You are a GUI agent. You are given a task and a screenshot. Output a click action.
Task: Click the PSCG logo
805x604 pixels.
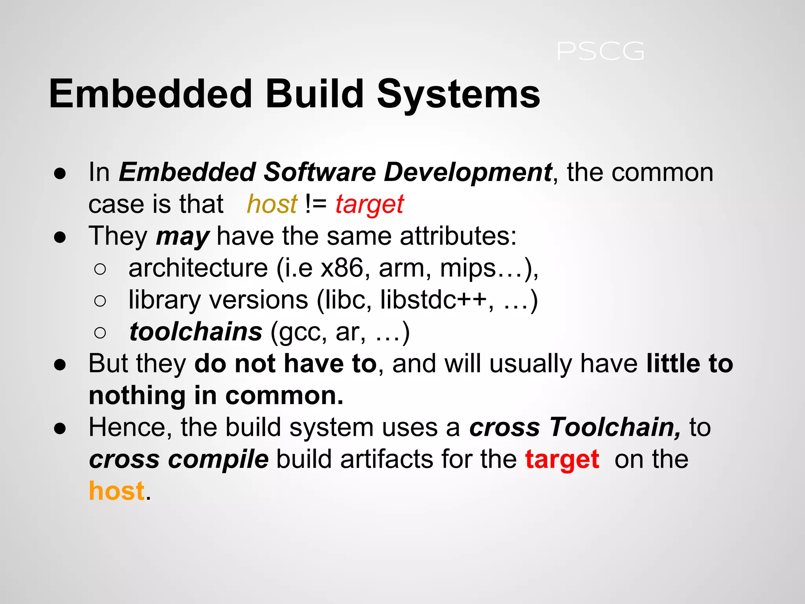point(601,52)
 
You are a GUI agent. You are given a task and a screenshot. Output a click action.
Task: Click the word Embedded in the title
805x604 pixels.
point(150,94)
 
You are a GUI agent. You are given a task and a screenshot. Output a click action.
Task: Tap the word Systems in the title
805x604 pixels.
point(458,94)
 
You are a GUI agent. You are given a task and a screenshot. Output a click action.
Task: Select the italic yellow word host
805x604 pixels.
point(272,204)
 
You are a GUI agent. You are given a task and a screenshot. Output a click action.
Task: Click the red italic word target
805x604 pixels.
point(369,204)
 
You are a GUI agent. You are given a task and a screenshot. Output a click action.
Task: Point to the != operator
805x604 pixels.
point(316,204)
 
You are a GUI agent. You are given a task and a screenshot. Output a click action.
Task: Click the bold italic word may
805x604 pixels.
point(182,237)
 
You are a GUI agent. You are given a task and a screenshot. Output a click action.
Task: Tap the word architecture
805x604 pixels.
point(198,269)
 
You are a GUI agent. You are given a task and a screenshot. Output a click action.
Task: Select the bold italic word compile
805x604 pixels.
point(219,459)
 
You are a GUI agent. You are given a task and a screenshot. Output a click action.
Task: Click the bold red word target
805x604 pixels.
point(562,459)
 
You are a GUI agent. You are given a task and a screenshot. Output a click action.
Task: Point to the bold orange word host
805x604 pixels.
point(117,491)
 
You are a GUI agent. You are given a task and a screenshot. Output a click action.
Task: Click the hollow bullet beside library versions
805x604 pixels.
point(100,301)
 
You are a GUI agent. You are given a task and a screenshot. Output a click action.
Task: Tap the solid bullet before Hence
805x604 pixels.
point(60,429)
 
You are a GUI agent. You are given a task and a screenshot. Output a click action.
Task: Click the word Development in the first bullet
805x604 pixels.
point(468,172)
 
